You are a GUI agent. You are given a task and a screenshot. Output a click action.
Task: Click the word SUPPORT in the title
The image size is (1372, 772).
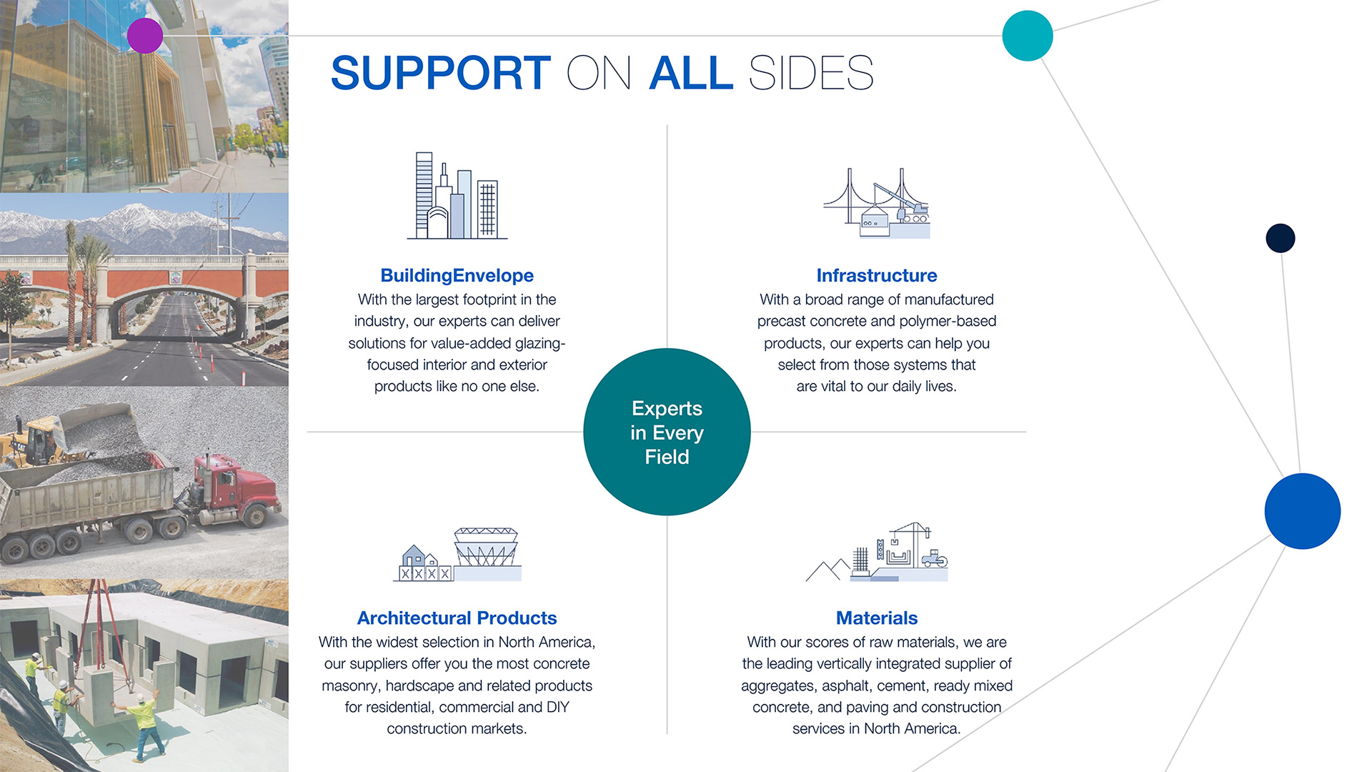[440, 73]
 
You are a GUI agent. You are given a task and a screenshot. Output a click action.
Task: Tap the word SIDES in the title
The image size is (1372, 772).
[811, 73]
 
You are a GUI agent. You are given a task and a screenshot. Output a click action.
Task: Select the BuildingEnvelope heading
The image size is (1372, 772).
[457, 275]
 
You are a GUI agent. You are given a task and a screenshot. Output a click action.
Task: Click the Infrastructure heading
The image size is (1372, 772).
[876, 275]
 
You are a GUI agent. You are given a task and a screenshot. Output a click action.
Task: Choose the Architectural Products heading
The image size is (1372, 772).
[457, 618]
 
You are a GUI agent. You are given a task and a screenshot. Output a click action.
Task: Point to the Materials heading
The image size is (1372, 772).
[876, 618]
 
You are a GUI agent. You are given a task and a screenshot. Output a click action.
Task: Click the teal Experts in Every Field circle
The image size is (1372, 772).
[667, 432]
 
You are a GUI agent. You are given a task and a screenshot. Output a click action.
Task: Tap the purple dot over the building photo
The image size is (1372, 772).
[145, 36]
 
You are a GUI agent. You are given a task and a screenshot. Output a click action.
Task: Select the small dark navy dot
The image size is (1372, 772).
[1280, 238]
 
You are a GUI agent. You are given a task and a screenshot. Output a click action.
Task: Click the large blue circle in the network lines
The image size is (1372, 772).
[1302, 511]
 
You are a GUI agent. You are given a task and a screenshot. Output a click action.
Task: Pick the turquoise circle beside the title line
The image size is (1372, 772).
[1028, 36]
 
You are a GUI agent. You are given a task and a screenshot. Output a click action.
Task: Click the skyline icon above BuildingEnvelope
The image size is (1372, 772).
[457, 197]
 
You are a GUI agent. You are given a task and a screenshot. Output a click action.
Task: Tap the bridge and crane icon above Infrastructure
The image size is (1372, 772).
[876, 204]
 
